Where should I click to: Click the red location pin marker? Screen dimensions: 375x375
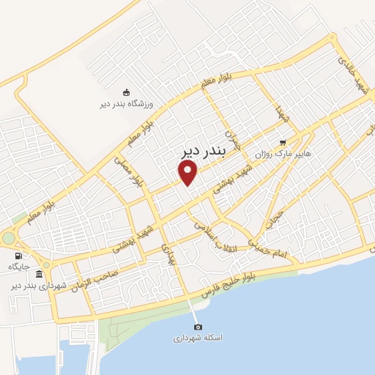[x=188, y=172]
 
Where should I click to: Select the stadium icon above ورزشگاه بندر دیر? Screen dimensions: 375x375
[x=126, y=92]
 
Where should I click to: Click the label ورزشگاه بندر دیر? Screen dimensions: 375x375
[x=126, y=104]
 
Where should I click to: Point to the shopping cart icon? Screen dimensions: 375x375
[x=283, y=144]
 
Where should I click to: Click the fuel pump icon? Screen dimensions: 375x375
[x=18, y=255]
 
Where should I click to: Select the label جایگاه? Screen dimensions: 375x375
[x=18, y=267]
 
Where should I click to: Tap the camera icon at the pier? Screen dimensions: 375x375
[x=196, y=327]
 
